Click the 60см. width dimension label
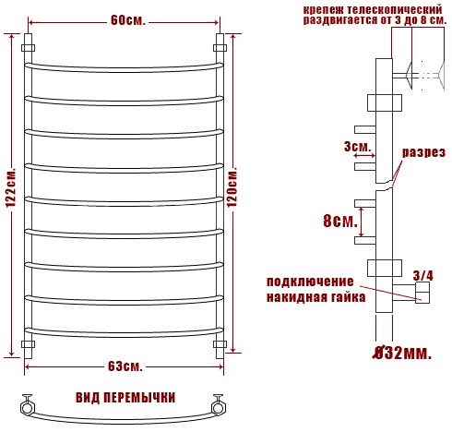[127, 20]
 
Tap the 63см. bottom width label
[125, 366]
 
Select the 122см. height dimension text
[11, 187]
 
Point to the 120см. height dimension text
[232, 186]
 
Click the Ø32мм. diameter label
[402, 354]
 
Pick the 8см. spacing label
[340, 221]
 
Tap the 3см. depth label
[358, 147]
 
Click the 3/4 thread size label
[422, 275]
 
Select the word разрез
[423, 152]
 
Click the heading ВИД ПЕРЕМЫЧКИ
[125, 398]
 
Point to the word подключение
[310, 282]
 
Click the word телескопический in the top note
[395, 10]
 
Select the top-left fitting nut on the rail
[28, 48]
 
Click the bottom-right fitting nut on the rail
[220, 344]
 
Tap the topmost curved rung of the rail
[124, 68]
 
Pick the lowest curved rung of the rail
[124, 333]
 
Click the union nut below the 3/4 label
[422, 293]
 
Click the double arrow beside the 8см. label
[362, 222]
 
